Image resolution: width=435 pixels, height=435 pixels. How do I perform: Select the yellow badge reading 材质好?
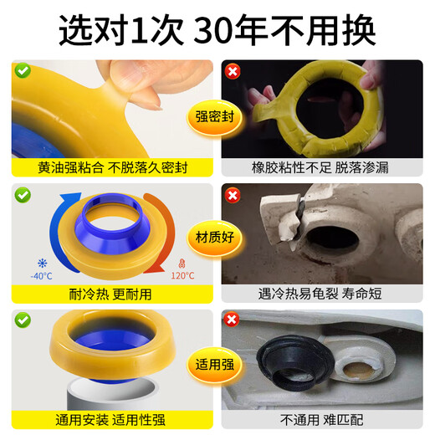[217, 238]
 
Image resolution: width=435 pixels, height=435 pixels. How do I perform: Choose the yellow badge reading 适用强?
[217, 366]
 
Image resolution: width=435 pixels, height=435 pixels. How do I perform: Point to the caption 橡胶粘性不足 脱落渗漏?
[322, 168]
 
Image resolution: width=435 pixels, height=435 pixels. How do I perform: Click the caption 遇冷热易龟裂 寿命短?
[322, 294]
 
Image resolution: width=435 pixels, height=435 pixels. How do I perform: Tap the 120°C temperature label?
[183, 276]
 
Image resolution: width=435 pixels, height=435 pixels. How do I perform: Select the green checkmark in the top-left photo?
[23, 70]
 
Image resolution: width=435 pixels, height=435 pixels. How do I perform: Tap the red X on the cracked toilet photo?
[233, 195]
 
